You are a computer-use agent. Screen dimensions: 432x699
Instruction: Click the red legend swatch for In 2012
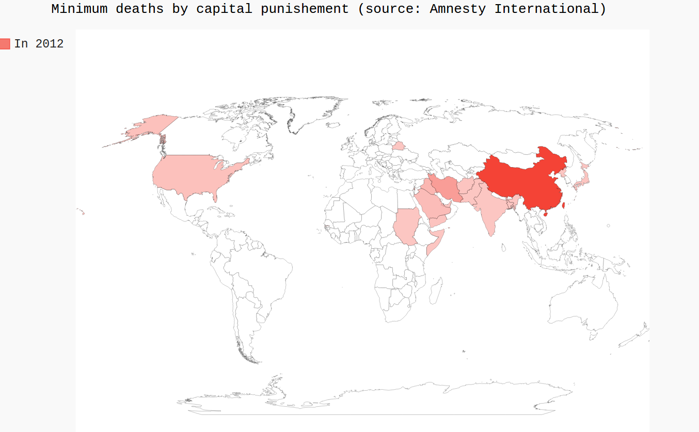tap(5, 44)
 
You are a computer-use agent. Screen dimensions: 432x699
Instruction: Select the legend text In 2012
tap(39, 44)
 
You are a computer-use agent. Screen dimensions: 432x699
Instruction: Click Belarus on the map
tap(399, 146)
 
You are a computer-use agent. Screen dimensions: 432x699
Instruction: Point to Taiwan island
tap(564, 205)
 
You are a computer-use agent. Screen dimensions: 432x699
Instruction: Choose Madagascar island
tap(435, 292)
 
